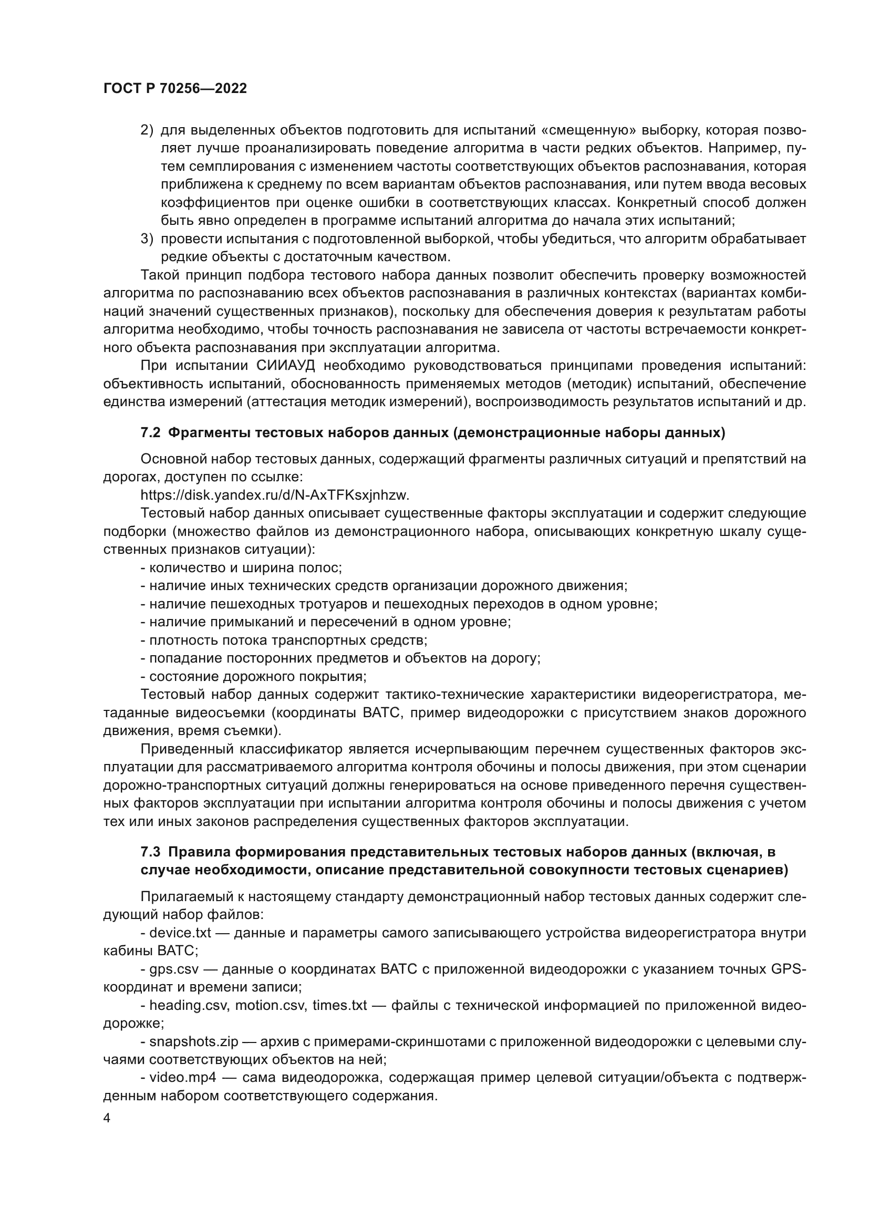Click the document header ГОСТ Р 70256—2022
click(x=175, y=89)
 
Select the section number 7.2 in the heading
click(x=150, y=433)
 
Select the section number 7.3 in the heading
click(x=150, y=852)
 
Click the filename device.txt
click(x=180, y=933)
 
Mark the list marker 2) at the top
click(x=147, y=131)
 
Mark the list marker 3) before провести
click(x=147, y=239)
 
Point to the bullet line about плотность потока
click(x=284, y=639)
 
